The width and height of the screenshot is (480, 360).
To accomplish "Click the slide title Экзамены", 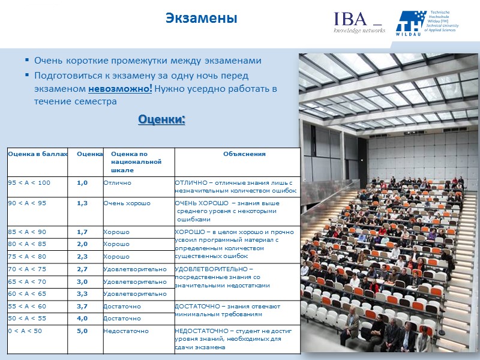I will (x=202, y=19).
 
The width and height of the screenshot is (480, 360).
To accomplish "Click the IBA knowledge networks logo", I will (x=359, y=23).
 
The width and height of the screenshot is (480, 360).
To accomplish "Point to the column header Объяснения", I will (x=244, y=154).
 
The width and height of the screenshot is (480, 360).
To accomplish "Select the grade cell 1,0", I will (x=83, y=182).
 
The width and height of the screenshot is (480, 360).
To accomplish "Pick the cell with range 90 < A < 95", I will (x=27, y=203).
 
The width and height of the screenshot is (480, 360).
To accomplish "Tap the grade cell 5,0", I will (x=83, y=331).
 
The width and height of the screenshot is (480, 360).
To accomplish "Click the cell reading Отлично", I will (x=117, y=182).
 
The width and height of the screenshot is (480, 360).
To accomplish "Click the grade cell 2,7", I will (x=83, y=269).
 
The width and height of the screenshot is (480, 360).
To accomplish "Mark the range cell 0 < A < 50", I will (x=25, y=331).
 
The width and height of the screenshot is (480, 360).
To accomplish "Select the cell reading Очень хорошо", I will (x=127, y=203).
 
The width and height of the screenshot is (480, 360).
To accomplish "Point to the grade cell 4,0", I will (x=83, y=318).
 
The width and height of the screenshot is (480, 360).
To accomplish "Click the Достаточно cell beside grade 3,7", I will (x=122, y=306).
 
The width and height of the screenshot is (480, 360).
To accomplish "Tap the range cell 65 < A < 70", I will (x=27, y=281).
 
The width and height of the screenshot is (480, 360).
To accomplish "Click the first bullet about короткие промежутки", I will (x=148, y=61).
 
